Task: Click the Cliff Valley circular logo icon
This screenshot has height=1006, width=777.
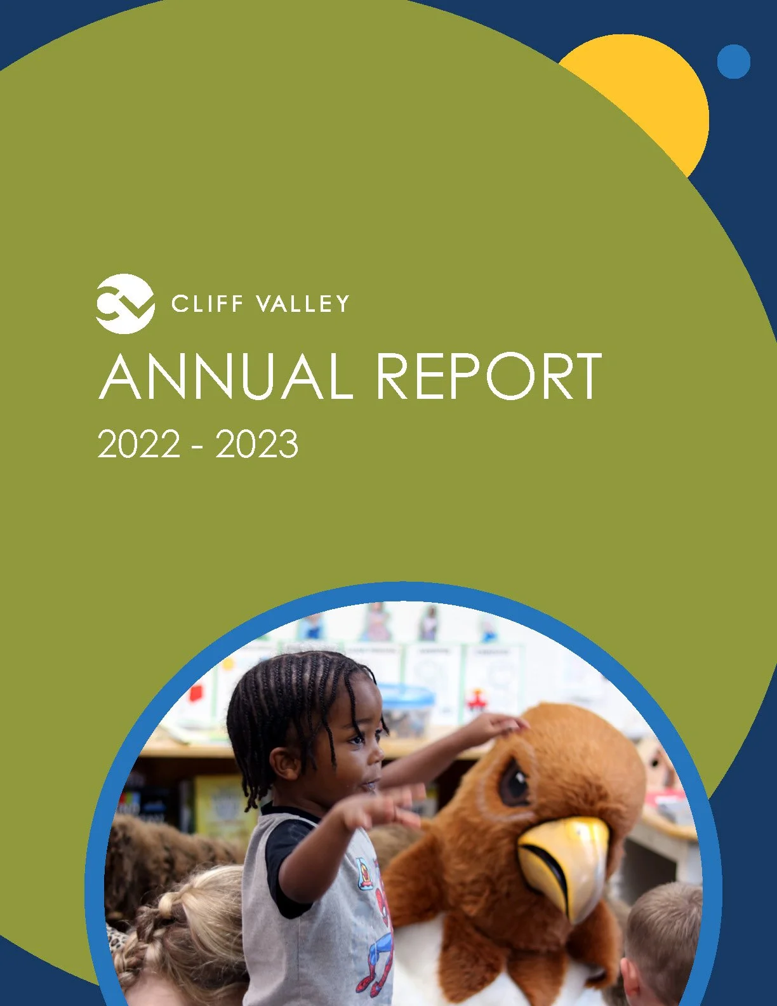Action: (125, 304)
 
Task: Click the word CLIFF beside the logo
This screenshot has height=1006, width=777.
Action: (207, 304)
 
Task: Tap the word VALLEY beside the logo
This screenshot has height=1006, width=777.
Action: (302, 304)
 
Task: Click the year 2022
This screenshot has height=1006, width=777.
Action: (139, 444)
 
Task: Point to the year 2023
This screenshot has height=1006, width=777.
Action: (257, 444)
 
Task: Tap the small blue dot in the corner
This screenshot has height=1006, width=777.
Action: (734, 62)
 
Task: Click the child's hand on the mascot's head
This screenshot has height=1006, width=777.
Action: (501, 723)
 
